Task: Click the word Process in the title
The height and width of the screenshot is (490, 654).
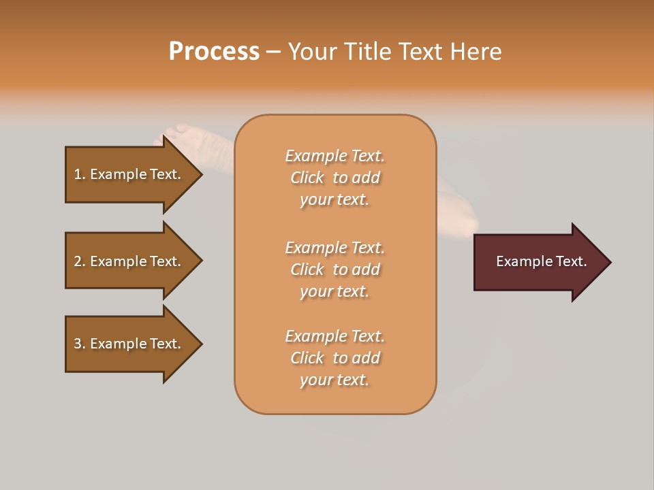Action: tap(214, 52)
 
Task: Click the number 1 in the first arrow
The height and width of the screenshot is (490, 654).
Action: tap(78, 174)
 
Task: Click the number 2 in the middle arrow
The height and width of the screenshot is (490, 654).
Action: tap(78, 261)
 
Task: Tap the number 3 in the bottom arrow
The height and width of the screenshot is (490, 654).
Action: tap(78, 344)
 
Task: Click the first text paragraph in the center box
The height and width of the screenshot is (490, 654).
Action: tap(334, 178)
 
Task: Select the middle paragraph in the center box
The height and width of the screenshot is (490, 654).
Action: tap(334, 269)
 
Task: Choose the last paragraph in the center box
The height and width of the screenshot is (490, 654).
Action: tap(334, 358)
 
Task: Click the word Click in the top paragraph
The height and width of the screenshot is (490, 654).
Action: tap(307, 178)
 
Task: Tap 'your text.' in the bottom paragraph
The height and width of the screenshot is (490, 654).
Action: tap(334, 380)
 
